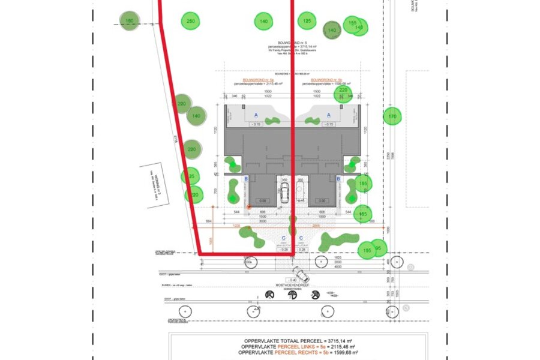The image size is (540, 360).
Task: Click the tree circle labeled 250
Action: (x=190, y=22)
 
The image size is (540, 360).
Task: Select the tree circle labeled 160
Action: (x=128, y=22)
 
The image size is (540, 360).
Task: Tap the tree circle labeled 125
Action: (x=307, y=22)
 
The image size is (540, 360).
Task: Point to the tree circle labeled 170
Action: (x=392, y=116)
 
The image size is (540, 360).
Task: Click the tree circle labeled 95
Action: (x=378, y=248)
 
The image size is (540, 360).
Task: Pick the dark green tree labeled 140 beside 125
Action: (x=332, y=30)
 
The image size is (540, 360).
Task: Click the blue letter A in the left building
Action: (x=256, y=114)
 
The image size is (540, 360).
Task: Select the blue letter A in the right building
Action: (x=328, y=114)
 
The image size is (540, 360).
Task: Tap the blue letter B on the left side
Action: (x=245, y=179)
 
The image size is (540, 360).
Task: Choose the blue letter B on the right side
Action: (x=338, y=179)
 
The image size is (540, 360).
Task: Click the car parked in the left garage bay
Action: (x=284, y=191)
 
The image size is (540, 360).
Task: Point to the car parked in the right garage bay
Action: (x=301, y=191)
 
